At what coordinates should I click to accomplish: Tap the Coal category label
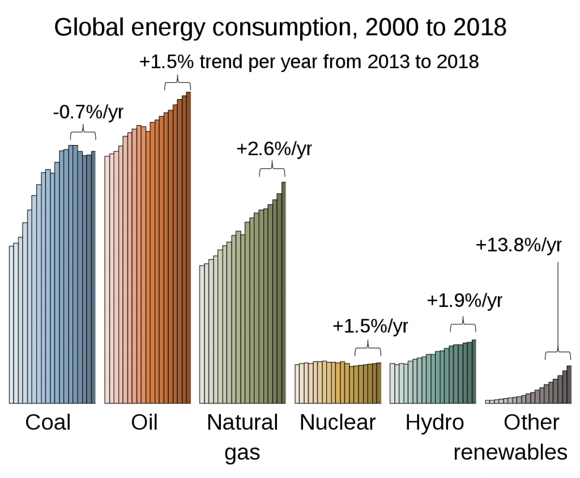48,422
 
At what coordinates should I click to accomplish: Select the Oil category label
144,422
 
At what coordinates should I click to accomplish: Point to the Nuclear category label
338,422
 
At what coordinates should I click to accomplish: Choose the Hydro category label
434,422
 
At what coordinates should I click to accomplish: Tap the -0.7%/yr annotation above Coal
88,112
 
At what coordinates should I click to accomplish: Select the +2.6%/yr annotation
274,149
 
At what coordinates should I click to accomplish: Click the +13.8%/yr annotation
519,245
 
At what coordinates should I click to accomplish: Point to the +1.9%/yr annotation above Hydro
464,300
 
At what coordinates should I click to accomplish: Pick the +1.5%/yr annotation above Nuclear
370,327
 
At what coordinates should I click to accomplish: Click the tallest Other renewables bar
569,385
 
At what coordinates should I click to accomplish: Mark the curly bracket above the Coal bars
83,134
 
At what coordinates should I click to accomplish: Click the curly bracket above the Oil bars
178,84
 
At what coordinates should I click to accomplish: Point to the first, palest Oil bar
106,280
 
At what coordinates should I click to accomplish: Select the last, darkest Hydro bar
474,372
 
